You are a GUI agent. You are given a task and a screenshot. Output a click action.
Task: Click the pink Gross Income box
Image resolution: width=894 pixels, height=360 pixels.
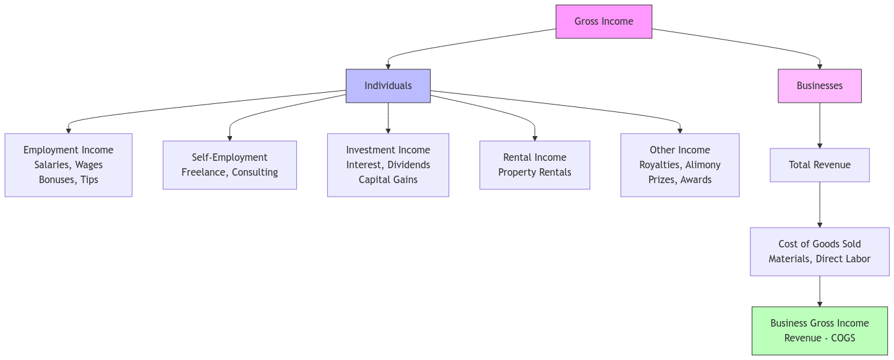(603, 22)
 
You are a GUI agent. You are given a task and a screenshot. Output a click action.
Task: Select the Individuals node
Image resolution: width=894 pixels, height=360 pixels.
(388, 86)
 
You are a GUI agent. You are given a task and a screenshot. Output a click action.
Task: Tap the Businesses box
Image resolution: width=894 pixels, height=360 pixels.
(819, 86)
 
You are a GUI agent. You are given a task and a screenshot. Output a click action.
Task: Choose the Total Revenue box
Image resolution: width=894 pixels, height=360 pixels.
(819, 165)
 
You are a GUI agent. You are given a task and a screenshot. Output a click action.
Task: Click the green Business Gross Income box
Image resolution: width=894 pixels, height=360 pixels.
(819, 330)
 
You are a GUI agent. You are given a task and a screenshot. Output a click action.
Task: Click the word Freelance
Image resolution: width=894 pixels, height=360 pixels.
(204, 173)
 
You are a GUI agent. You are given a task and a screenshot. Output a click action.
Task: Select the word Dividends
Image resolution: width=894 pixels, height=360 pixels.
(408, 165)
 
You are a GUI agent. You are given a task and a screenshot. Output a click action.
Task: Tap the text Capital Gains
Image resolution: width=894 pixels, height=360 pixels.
(388, 180)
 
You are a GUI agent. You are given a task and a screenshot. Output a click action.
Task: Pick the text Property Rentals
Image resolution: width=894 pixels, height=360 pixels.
(535, 173)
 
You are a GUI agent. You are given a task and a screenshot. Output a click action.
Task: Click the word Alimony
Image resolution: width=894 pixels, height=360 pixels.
(702, 165)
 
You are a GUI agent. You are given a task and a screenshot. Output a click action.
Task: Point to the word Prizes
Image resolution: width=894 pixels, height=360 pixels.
(661, 180)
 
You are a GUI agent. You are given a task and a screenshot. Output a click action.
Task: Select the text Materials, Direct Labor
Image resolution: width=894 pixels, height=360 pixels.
(819, 259)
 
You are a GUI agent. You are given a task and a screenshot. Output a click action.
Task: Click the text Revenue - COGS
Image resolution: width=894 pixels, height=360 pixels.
(819, 338)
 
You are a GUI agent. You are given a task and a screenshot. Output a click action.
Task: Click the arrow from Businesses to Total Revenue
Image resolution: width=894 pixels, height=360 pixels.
(819, 126)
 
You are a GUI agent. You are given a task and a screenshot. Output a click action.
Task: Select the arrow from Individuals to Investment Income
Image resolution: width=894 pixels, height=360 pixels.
(388, 118)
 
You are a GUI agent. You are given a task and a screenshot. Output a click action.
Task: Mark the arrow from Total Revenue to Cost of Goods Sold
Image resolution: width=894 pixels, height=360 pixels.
(819, 205)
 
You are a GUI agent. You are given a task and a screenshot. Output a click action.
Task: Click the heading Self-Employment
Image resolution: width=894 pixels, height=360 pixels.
(230, 158)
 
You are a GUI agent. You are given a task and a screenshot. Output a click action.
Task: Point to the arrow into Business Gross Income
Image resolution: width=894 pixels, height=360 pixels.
(819, 291)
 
